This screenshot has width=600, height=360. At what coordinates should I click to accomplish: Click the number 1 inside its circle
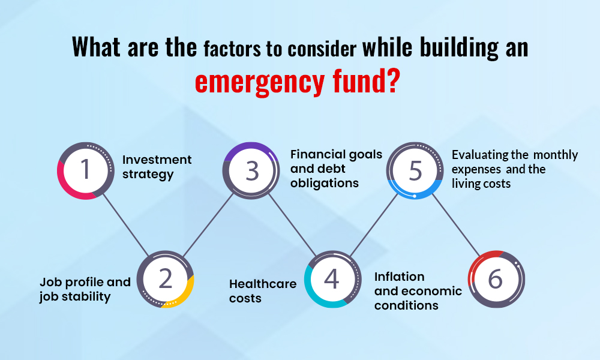click(86, 169)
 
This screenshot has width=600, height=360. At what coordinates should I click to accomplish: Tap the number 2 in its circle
click(166, 278)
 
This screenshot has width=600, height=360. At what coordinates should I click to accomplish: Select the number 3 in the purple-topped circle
click(252, 170)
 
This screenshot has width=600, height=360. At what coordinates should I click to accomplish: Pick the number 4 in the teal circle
click(332, 278)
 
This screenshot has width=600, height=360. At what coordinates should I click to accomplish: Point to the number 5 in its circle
click(416, 170)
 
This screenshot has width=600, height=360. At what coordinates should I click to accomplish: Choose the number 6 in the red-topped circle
click(496, 278)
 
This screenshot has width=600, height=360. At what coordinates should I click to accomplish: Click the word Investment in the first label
click(157, 160)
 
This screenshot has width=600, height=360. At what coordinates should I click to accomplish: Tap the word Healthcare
click(263, 284)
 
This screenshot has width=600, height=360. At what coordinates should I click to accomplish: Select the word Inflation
click(399, 277)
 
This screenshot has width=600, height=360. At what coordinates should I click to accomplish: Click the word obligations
click(325, 183)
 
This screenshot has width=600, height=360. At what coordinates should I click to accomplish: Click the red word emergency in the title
click(260, 82)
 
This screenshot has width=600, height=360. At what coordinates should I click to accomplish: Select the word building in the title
click(459, 48)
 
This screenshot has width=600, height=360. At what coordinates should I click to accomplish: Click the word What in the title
click(95, 47)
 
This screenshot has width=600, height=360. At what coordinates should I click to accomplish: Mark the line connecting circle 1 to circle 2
click(125, 224)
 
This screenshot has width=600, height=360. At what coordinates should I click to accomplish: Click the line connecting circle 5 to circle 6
click(456, 226)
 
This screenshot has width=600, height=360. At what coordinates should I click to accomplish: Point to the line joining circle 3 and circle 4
click(292, 225)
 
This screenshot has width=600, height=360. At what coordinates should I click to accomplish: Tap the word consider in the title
click(322, 49)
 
